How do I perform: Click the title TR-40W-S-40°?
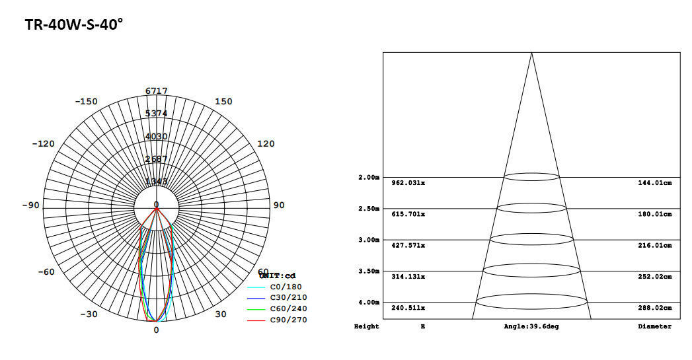point(74,24)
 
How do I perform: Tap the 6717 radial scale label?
point(157,91)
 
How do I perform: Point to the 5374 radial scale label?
point(157,114)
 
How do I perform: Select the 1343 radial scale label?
point(157,182)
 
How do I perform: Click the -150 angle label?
point(86,102)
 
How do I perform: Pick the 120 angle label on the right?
point(266,144)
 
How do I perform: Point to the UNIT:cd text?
point(278,276)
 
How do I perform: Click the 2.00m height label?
point(368,178)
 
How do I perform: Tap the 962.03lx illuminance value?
point(408,183)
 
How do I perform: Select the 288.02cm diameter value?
point(654,308)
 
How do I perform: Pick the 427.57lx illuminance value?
point(408,245)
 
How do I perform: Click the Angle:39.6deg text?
point(531,326)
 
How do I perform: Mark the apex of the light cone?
point(531,53)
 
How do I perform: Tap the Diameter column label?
point(654,326)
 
